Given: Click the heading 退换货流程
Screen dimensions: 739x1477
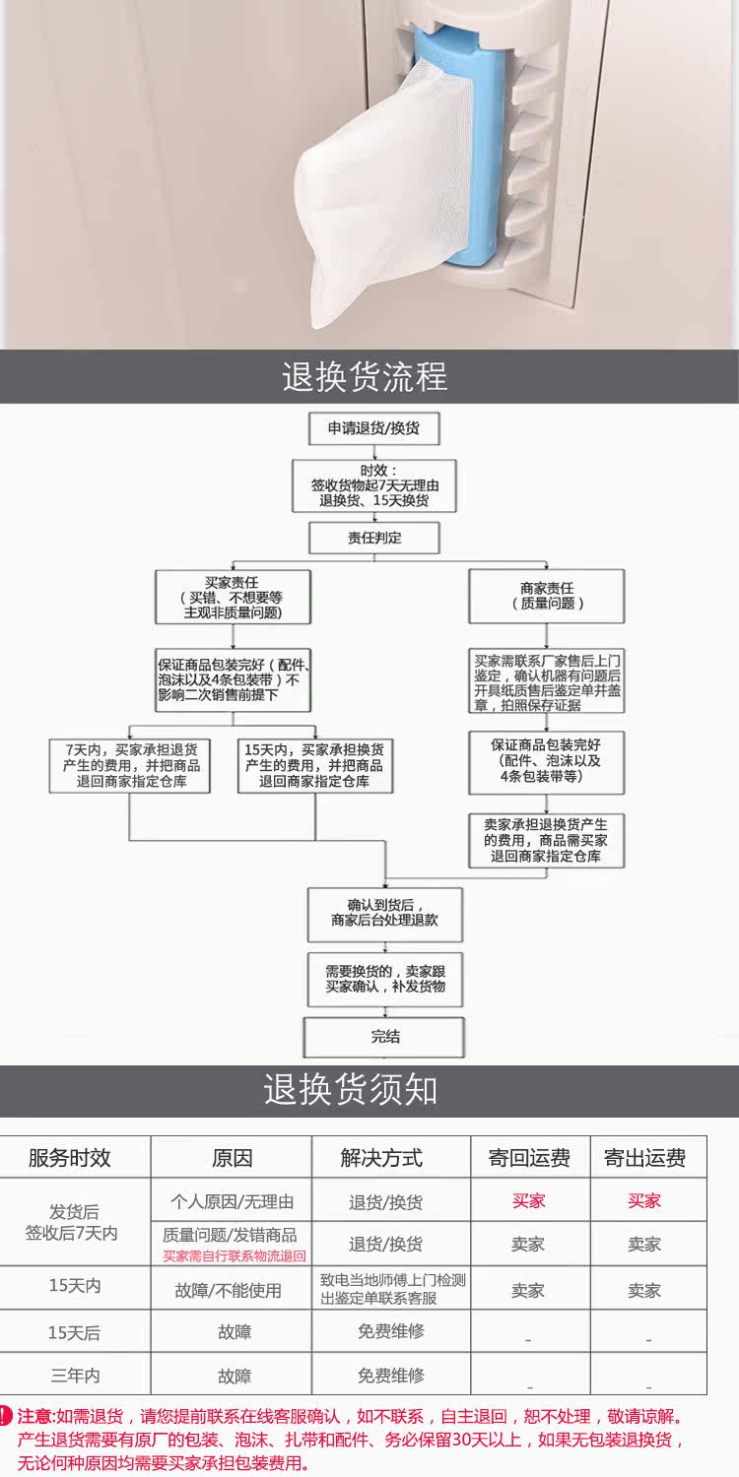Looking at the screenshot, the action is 365,376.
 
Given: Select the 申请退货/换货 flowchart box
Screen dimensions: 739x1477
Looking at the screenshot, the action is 374,428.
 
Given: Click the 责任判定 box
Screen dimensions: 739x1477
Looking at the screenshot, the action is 374,538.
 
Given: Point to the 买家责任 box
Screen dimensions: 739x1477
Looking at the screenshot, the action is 233,598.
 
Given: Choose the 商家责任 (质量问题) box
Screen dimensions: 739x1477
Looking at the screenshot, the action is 546,596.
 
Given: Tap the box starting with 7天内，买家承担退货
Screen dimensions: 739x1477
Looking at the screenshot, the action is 130,765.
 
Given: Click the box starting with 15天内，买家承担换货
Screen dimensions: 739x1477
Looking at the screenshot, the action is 314,765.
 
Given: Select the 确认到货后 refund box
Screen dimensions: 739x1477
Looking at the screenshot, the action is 385,915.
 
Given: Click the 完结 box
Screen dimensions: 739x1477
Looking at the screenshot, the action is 384,1037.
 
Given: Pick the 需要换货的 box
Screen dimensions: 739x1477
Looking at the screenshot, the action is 385,979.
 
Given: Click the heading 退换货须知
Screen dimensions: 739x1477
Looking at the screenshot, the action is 351,1089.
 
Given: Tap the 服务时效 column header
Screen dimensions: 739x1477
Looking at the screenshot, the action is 69,1158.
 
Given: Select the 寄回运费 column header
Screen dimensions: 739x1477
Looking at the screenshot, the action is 529,1158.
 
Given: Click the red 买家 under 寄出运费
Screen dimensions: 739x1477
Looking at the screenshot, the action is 644,1200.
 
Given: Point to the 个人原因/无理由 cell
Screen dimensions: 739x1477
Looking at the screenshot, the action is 232,1201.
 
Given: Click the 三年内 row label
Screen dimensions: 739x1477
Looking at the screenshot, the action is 75,1376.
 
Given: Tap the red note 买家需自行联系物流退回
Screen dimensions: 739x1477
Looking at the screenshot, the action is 234,1256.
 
